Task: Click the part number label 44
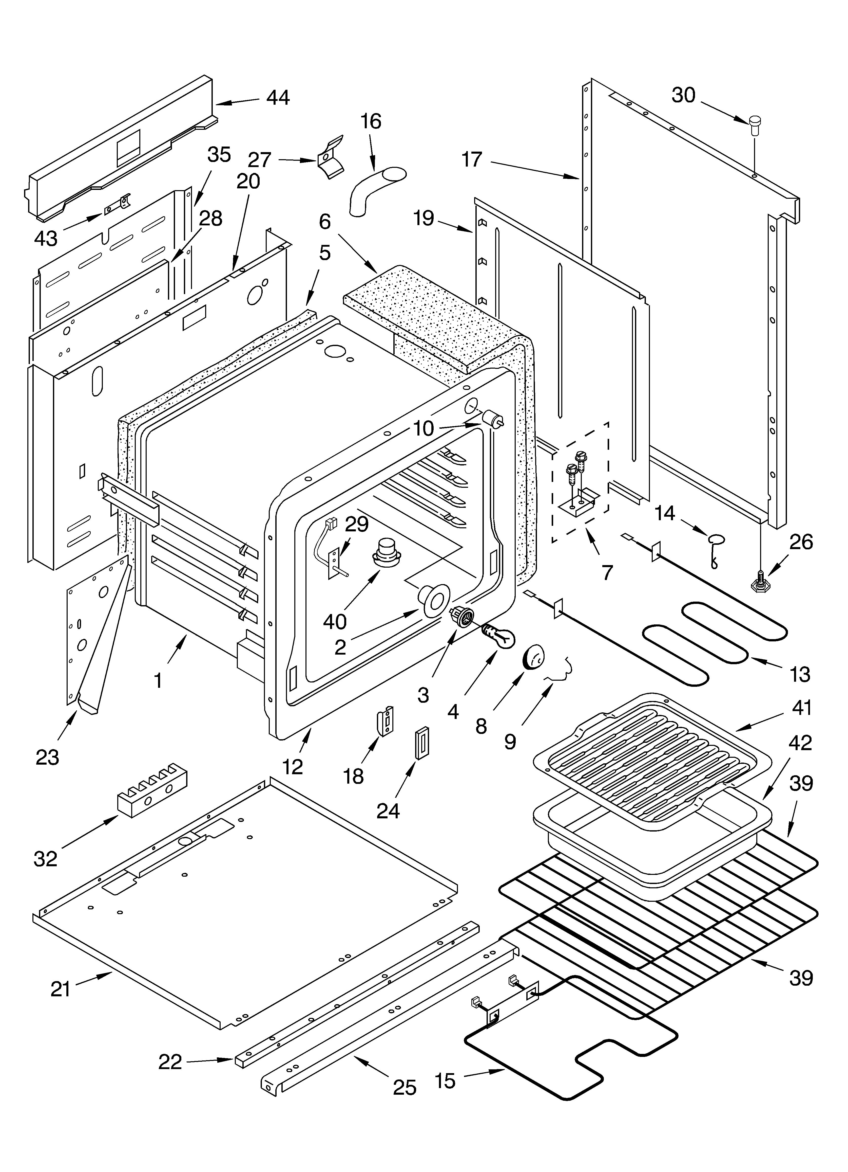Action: click(278, 98)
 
